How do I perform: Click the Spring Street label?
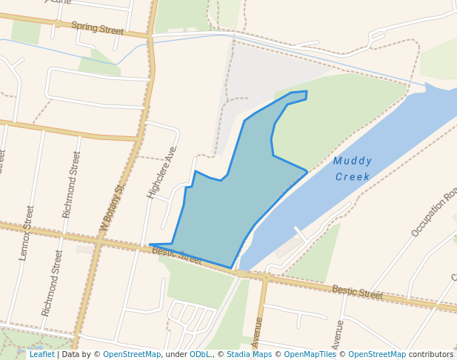(97, 30)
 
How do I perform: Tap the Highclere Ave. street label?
(162, 172)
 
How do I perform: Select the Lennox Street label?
(28, 233)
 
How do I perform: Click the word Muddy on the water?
(353, 161)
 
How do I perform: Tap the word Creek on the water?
(353, 177)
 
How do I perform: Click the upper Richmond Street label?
(72, 184)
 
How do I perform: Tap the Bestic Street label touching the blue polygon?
(177, 256)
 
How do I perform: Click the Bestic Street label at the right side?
(357, 293)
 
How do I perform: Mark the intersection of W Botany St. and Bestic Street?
(99, 241)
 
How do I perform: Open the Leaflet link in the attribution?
(42, 354)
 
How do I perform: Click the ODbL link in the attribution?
(200, 354)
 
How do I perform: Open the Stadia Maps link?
(248, 354)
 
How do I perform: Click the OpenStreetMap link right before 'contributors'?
(377, 354)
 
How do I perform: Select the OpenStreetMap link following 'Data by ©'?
(132, 354)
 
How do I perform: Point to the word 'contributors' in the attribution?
(431, 354)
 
